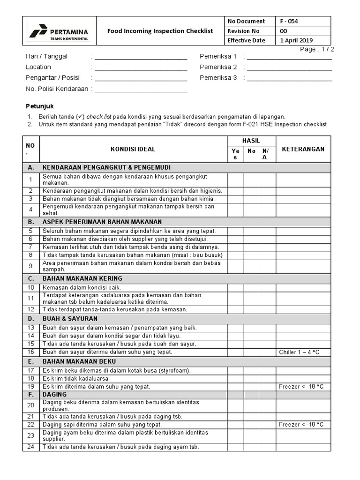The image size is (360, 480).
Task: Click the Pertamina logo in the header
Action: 59,31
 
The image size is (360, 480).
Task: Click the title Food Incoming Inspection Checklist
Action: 160,31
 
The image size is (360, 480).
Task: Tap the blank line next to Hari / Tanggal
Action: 141,57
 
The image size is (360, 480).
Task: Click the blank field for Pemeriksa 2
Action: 289,67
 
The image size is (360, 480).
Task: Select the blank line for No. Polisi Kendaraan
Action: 141,89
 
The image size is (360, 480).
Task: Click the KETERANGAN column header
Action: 303,149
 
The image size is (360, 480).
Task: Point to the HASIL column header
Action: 251,141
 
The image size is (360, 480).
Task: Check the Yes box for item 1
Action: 235,180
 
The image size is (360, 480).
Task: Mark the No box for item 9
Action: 251,266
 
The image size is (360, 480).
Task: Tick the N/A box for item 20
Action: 267,405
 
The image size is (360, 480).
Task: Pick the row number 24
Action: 31,447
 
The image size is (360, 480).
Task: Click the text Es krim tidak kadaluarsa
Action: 76,378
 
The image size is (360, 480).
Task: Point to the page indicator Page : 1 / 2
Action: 316,49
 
